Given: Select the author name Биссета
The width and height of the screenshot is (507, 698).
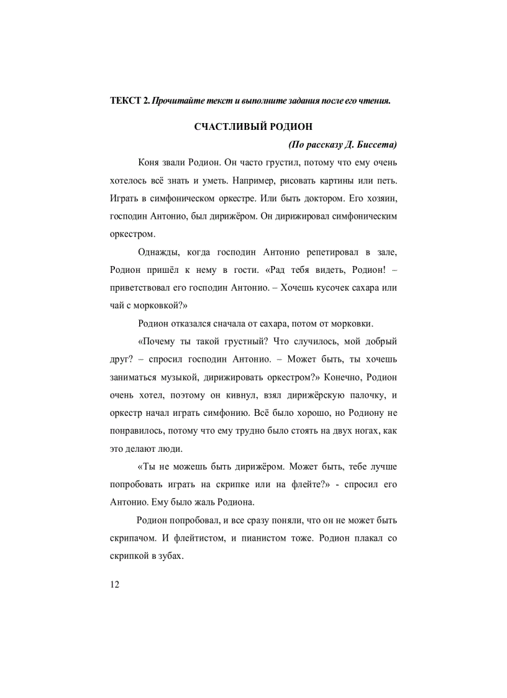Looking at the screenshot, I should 375,145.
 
